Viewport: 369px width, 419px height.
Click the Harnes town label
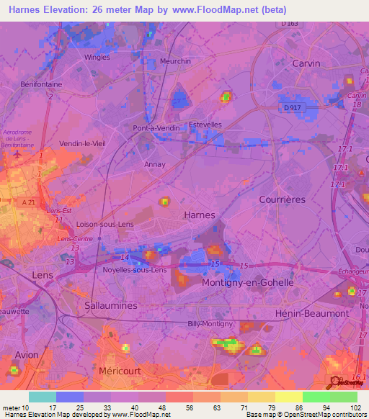(200, 215)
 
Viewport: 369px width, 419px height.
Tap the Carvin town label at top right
(306, 63)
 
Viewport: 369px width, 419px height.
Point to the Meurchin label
(175, 61)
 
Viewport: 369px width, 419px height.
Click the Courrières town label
(282, 199)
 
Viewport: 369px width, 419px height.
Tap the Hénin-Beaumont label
(312, 314)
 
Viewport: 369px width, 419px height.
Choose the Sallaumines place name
(111, 305)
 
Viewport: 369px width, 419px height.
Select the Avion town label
(27, 355)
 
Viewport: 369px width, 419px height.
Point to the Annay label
(155, 164)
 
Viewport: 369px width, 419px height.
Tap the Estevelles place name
(205, 125)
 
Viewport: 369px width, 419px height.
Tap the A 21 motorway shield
(29, 203)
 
